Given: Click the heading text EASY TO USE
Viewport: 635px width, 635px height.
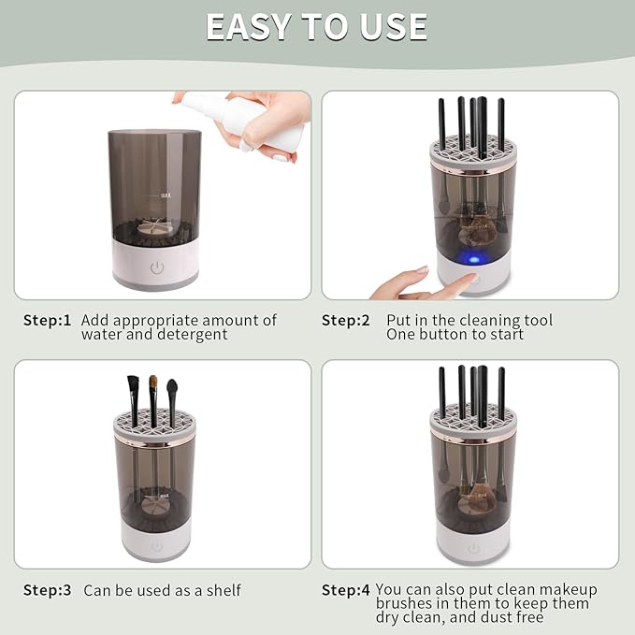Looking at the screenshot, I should pos(317,27).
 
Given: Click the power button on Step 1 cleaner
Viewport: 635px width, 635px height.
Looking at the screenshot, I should pos(157,267).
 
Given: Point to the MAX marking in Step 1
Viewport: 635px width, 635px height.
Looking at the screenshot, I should pos(165,195).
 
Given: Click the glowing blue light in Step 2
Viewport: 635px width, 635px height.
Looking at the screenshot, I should pos(473,258).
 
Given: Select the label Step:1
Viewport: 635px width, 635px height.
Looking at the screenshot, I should pos(48,321).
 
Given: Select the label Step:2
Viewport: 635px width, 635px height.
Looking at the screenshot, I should pos(346,321).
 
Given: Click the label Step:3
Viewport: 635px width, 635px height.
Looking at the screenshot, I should pos(48,590).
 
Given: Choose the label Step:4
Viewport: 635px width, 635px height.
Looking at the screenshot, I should pos(346,590).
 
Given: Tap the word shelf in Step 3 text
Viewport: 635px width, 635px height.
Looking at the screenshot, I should pos(222,590).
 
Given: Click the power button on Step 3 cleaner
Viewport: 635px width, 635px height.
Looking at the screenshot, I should pos(156,545).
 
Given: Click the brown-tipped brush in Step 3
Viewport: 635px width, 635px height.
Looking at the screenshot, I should pos(152,385).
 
